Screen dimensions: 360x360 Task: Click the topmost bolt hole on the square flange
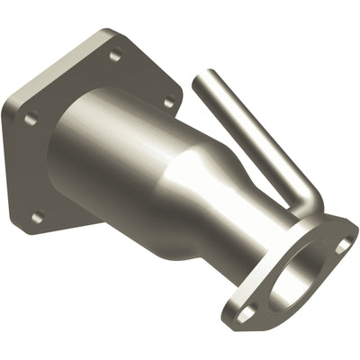click(x=114, y=56)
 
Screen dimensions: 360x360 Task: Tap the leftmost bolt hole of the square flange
click(x=31, y=118)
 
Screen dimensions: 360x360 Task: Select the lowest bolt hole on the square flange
click(x=37, y=216)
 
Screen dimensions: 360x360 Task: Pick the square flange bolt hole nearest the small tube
click(x=167, y=103)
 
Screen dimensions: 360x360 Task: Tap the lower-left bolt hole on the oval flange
click(x=246, y=310)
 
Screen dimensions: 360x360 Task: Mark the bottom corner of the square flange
click(x=36, y=236)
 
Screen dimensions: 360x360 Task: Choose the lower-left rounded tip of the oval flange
click(x=236, y=317)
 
